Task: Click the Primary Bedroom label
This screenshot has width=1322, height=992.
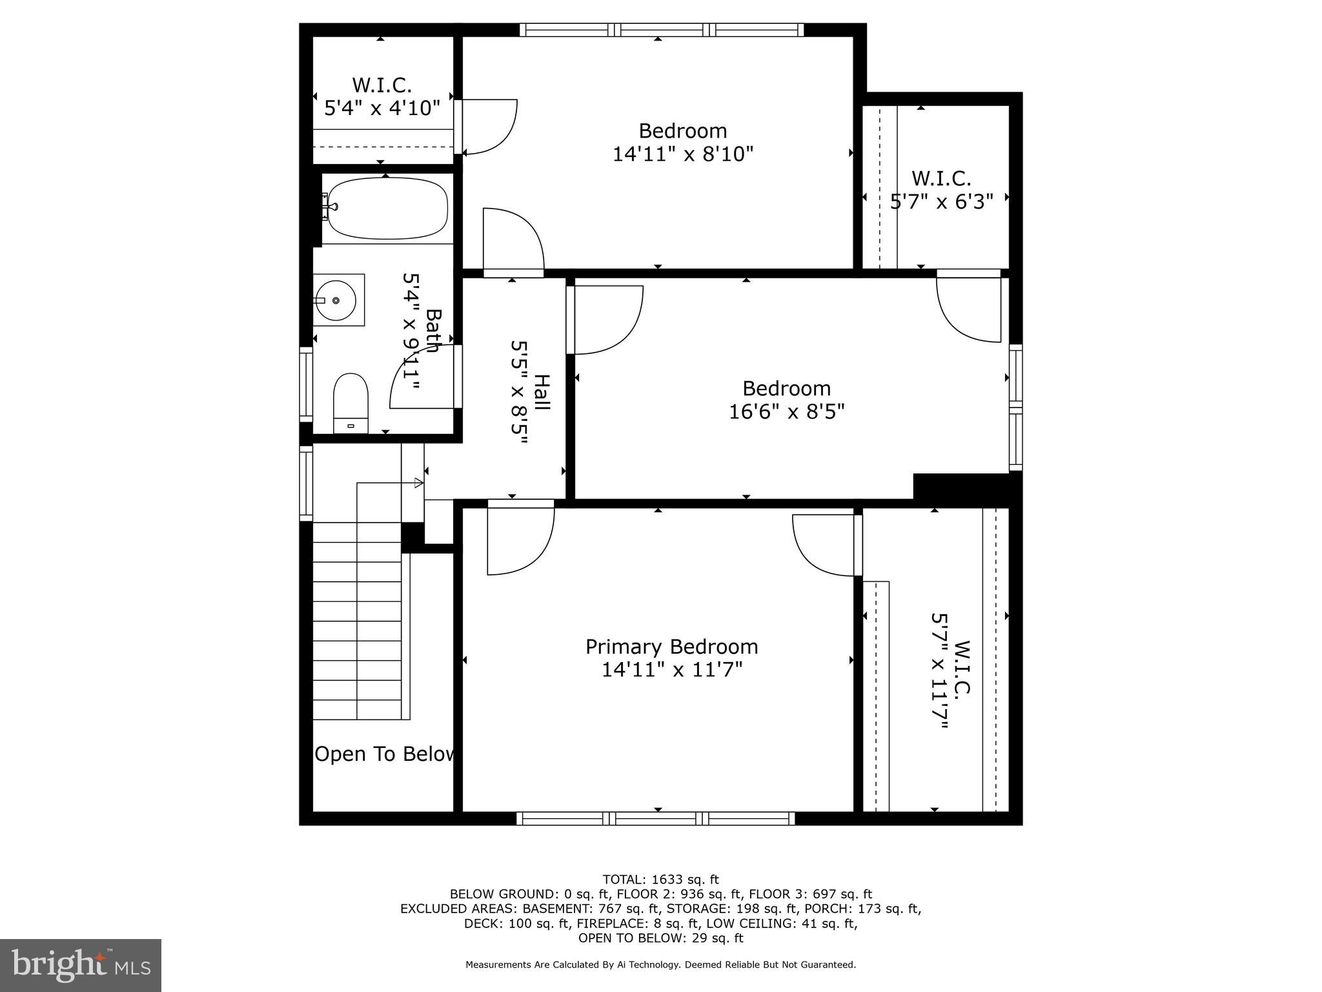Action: point(671,646)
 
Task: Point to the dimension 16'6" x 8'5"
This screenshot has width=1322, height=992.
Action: point(786,411)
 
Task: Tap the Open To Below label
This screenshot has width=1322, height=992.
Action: point(385,754)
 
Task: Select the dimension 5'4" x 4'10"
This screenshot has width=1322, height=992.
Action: point(381,108)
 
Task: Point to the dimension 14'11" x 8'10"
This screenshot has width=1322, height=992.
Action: point(682,154)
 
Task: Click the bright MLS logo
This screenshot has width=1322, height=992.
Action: point(81,965)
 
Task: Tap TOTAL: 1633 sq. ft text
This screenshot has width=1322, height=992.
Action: point(660,879)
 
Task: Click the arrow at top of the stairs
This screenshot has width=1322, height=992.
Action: point(418,482)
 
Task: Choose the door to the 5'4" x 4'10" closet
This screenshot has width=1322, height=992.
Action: point(487,127)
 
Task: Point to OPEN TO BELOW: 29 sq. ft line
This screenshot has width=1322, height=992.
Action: point(660,938)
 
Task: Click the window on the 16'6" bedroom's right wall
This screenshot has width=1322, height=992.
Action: point(1015,407)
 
